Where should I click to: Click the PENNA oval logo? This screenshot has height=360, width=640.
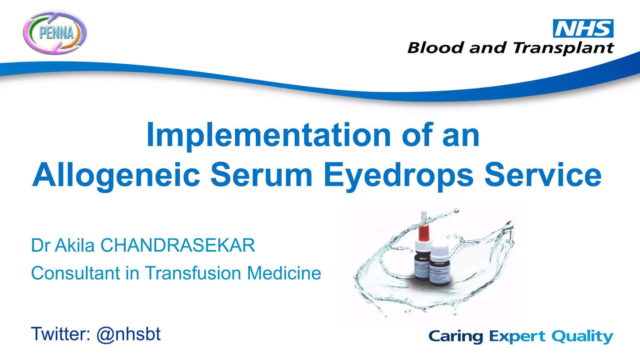[x=55, y=32]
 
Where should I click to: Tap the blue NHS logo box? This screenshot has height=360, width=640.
[x=583, y=28]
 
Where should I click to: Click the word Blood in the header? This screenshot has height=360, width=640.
[x=435, y=48]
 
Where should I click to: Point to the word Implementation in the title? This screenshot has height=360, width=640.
[x=269, y=135]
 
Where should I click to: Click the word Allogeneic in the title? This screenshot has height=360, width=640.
[x=116, y=175]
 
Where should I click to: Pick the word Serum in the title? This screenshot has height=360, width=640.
[x=262, y=175]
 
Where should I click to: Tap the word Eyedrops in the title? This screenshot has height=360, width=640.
[x=398, y=176]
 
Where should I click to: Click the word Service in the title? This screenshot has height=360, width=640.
[x=543, y=175]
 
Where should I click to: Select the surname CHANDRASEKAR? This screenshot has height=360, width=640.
[x=177, y=245]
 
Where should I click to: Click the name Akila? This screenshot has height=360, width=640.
[x=75, y=245]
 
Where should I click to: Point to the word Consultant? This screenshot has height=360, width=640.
[x=75, y=273]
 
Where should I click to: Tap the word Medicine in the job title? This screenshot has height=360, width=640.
[x=284, y=273]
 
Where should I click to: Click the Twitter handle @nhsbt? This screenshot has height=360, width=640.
[x=128, y=334]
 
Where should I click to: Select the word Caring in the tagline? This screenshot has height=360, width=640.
[x=456, y=337]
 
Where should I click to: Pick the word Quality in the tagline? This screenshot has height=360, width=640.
[x=582, y=337]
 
